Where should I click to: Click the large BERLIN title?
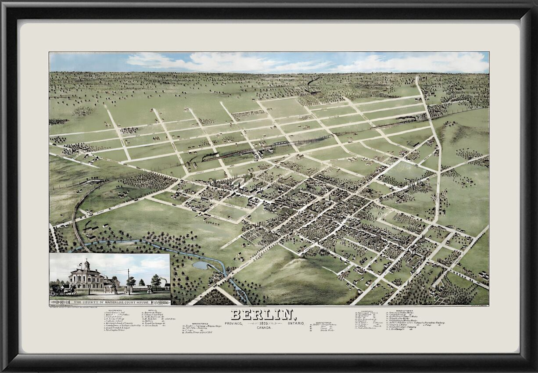262,315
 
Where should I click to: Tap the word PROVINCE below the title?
234,323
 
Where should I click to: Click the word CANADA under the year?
263,328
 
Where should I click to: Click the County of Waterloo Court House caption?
110,302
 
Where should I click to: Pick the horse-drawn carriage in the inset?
57,289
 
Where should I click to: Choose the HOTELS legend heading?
152,310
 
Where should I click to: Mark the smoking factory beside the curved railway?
91,228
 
